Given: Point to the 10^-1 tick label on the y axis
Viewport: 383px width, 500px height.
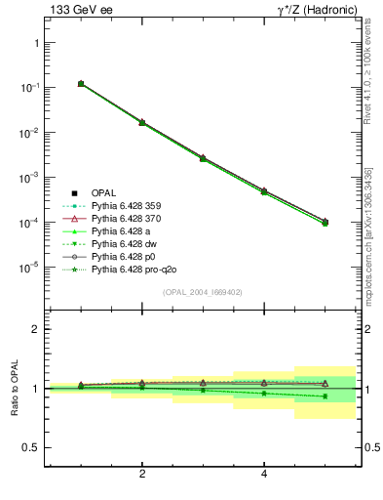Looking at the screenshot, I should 29,88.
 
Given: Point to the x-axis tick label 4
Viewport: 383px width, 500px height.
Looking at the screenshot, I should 265,475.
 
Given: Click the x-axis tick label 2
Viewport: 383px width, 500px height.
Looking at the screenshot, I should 142,475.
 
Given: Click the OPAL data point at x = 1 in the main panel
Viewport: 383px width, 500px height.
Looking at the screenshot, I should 81,84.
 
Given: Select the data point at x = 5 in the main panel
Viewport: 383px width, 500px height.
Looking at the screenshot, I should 325,223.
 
